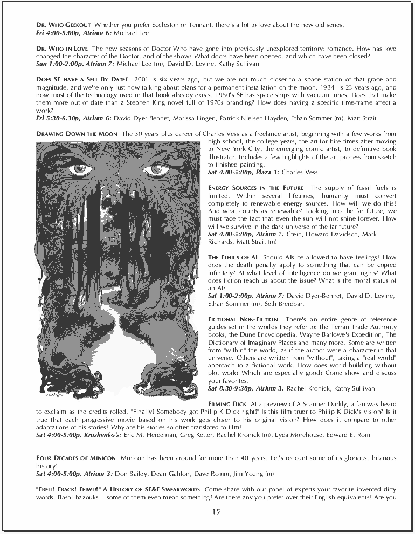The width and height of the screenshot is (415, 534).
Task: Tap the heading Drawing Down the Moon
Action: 78,133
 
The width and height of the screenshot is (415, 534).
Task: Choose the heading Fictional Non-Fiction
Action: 243,320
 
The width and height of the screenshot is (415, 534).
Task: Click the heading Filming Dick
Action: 227,403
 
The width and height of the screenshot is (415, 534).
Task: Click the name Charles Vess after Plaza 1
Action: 300,172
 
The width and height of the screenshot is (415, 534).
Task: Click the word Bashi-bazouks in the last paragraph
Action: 66,497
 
